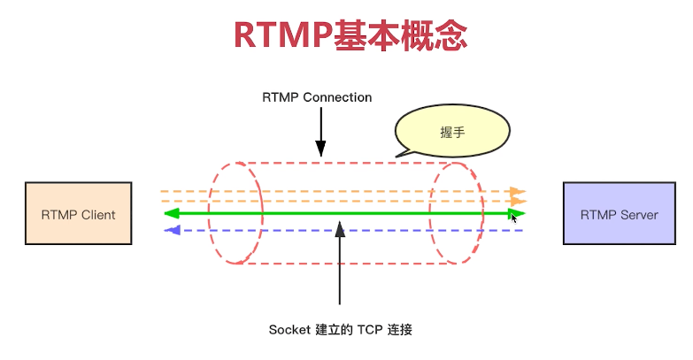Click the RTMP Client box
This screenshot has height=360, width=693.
78,213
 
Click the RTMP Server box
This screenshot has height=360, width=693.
618,213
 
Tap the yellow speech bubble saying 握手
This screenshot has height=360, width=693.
452,132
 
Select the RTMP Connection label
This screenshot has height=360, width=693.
317,97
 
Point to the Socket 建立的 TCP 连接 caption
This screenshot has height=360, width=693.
341,330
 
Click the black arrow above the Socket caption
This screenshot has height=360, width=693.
340,265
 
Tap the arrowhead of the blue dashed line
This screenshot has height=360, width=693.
173,230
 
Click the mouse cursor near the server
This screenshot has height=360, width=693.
515,218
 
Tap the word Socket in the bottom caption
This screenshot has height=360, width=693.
289,330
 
